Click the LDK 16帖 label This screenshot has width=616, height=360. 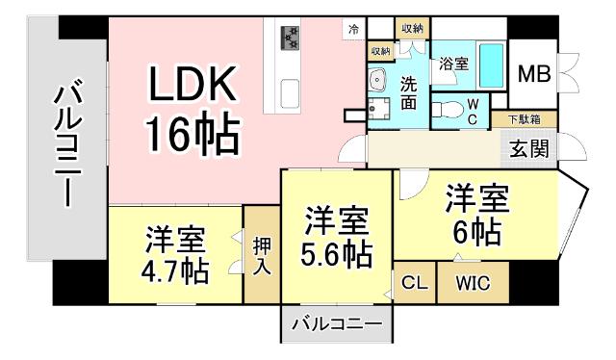click(x=192, y=114)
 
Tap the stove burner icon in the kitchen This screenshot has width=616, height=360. click(x=290, y=39)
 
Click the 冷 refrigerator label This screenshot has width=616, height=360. click(x=354, y=29)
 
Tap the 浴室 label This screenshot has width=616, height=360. click(x=453, y=64)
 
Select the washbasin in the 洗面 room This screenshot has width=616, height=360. click(x=377, y=79)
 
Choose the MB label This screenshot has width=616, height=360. click(x=536, y=74)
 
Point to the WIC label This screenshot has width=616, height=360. click(x=473, y=284)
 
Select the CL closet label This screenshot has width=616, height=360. click(x=414, y=284)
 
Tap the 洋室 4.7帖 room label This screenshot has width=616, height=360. click(x=175, y=253)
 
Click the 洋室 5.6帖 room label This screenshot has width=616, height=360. click(x=337, y=238)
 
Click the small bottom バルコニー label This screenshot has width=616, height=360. click(x=337, y=322)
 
